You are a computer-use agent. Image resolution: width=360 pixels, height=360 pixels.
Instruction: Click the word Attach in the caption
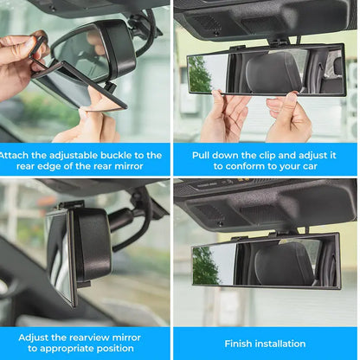click(16, 156)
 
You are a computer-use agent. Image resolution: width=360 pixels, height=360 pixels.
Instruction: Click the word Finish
click(240, 344)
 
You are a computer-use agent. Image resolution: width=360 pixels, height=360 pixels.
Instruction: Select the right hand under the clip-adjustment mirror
click(288, 117)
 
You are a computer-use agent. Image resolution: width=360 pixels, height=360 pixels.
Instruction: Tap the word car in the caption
click(318, 167)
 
